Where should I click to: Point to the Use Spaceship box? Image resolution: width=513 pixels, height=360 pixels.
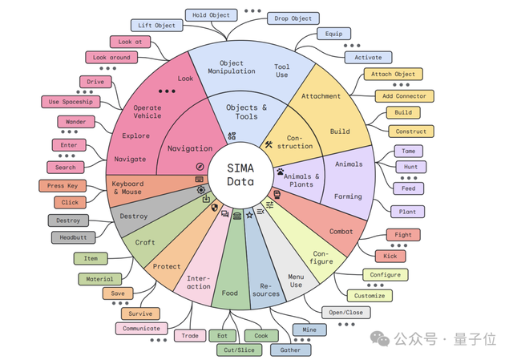[x=71, y=102]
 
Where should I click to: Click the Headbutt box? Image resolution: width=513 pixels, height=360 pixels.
[x=73, y=237]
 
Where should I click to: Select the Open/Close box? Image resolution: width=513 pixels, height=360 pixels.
[x=345, y=312]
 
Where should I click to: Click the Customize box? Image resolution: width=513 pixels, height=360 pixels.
[x=370, y=294]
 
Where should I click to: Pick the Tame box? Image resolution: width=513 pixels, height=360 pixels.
[x=410, y=151]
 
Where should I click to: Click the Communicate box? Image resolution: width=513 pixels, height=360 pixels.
[x=142, y=328]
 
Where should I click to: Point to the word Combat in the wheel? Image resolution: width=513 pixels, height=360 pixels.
[x=341, y=232]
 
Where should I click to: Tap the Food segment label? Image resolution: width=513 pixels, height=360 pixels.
[x=230, y=293]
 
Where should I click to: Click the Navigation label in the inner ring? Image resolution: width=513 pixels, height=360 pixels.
[x=190, y=148]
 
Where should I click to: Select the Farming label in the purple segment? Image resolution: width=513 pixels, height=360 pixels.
[x=348, y=196]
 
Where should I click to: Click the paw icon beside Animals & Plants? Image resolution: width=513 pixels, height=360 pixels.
[x=279, y=172]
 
